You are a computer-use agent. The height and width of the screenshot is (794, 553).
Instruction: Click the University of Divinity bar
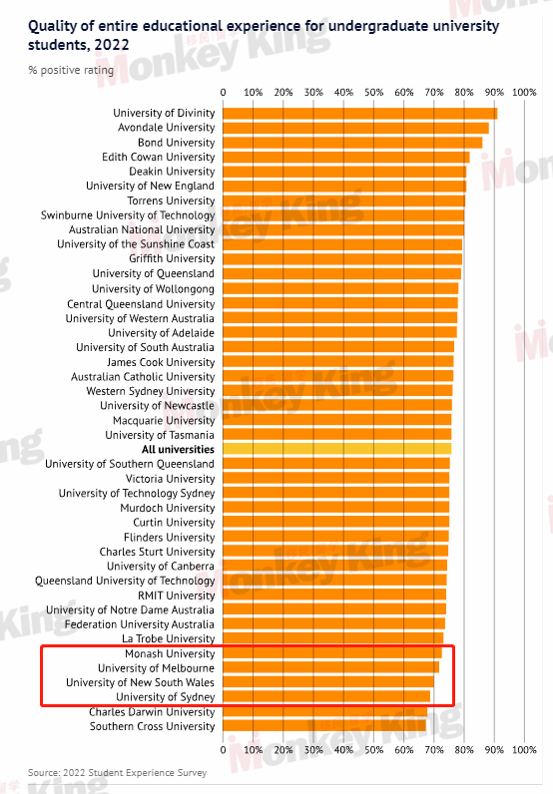click(x=360, y=114)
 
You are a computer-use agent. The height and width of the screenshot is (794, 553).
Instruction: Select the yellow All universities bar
click(x=337, y=449)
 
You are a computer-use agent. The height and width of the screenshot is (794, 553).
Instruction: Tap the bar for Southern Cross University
click(x=324, y=725)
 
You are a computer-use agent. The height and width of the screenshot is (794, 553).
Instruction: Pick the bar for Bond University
click(x=352, y=143)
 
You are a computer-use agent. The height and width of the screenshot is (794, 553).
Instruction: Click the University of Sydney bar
click(x=326, y=697)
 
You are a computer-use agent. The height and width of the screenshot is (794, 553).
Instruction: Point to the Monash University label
click(x=170, y=653)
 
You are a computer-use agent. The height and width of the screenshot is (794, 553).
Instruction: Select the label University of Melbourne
click(x=156, y=668)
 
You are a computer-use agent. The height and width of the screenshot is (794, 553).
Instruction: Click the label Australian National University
click(x=142, y=229)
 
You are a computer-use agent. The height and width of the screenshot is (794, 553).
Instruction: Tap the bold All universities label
click(x=178, y=449)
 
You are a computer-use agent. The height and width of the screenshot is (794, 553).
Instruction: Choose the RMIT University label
click(x=177, y=595)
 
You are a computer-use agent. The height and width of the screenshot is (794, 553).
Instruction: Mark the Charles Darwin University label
click(x=152, y=712)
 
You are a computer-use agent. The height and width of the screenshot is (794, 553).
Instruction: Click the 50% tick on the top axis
click(x=374, y=92)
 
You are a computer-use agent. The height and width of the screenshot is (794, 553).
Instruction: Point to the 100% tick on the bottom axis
click(x=524, y=749)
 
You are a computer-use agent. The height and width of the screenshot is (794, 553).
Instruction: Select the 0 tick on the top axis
click(x=223, y=92)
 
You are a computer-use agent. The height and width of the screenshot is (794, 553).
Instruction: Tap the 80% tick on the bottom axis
click(x=464, y=749)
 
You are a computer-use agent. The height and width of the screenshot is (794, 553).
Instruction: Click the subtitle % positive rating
click(x=71, y=70)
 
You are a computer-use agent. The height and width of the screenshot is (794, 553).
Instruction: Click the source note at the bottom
click(x=117, y=773)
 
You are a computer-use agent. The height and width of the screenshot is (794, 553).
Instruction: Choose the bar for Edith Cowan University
click(x=346, y=157)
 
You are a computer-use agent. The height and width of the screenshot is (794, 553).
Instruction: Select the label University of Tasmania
click(x=160, y=435)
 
